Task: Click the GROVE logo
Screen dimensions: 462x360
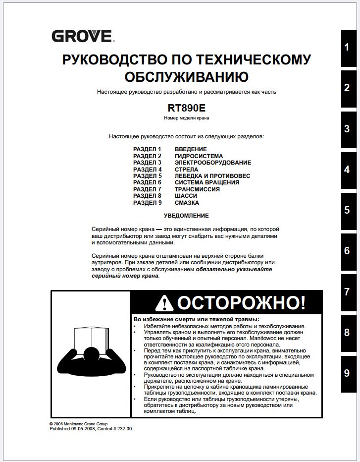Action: tap(82, 36)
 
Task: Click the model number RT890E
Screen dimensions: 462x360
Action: tap(186, 107)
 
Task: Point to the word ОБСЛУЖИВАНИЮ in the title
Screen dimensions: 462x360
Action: tap(186, 77)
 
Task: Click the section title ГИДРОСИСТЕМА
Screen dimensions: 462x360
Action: tap(199, 156)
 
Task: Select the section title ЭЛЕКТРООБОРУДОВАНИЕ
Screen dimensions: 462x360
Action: tap(213, 163)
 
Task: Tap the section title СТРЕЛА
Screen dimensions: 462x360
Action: tap(187, 170)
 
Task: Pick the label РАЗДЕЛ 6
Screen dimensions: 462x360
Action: tap(148, 182)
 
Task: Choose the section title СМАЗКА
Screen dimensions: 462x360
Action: tap(187, 203)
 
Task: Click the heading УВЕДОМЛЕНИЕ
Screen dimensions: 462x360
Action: tap(186, 216)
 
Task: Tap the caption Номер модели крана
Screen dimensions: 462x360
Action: tap(186, 118)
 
